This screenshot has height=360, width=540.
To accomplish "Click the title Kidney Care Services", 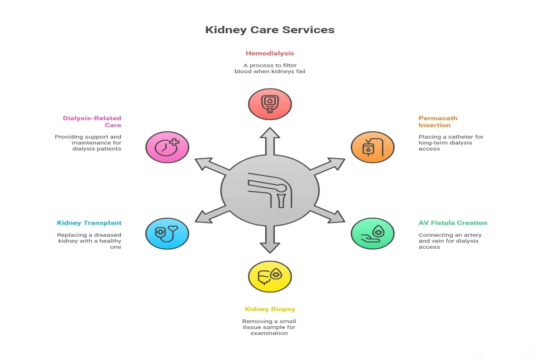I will pos(269,30).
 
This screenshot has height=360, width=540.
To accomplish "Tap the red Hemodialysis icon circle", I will pos(269,104).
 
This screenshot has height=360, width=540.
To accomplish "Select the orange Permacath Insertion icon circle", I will pos(372,147).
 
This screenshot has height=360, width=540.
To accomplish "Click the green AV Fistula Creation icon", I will pos(372,233).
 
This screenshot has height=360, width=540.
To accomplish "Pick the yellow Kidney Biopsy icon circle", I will pos(269,276).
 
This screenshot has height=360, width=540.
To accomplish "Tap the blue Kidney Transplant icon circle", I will pos(167,233).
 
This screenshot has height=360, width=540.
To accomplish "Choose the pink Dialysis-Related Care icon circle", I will pos(167,147).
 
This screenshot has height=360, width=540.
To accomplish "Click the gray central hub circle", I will pos(269,190).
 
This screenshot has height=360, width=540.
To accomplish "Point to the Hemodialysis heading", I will pos(269,53).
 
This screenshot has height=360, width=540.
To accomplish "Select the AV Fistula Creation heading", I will pos(452,223).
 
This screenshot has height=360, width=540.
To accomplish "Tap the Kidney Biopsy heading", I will pos(269,309).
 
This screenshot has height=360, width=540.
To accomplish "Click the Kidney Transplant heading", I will pos(89,223).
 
